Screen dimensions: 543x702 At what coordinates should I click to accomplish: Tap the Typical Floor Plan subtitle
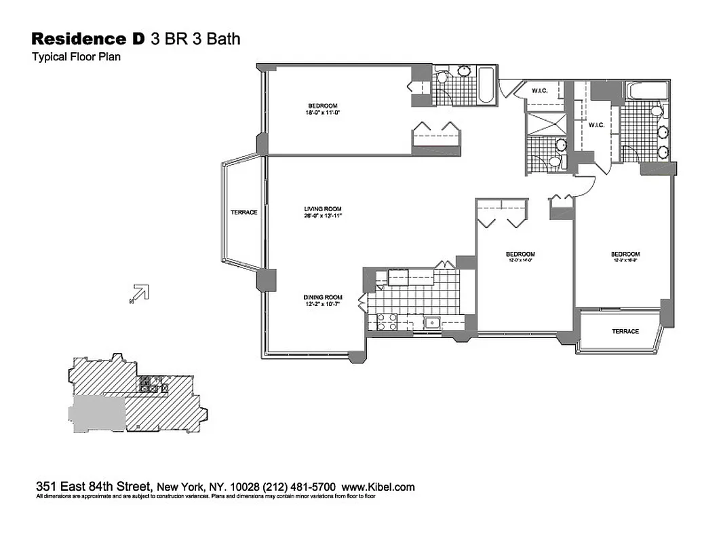click(76, 57)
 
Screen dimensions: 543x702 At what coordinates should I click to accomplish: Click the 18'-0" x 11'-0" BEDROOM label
click(322, 109)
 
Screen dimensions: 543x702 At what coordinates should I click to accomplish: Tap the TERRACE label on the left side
click(243, 212)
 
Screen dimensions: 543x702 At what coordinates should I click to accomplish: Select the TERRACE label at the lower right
click(625, 331)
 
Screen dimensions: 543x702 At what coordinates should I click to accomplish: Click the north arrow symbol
click(138, 293)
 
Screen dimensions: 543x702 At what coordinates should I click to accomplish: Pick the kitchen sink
click(431, 323)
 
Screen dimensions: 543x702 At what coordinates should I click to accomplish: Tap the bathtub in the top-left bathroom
click(486, 86)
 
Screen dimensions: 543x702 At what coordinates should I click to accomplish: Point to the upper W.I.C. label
click(540, 90)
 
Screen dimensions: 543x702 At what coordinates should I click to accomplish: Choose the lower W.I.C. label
click(597, 124)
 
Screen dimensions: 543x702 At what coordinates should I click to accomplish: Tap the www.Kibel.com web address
click(378, 487)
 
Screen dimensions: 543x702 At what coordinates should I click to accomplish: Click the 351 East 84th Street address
click(94, 487)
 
